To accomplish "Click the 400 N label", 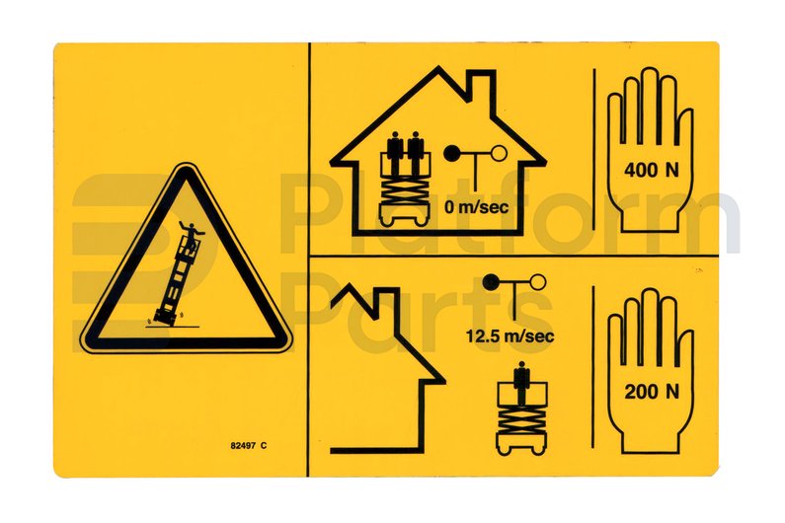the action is (x=652, y=170).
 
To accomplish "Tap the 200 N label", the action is (x=652, y=392).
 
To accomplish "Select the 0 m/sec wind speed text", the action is (x=476, y=206).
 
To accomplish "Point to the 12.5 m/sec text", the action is (x=510, y=335).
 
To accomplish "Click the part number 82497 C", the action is (x=248, y=446).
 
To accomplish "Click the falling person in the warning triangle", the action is (x=191, y=231).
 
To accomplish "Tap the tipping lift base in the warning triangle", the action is (x=165, y=318).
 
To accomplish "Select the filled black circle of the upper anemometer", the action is (x=452, y=154).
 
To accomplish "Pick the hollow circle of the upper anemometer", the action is (x=499, y=154).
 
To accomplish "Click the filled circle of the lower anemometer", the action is (x=491, y=283).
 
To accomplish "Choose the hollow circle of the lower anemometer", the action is (x=538, y=282).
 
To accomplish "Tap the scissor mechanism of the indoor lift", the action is (x=405, y=190).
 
